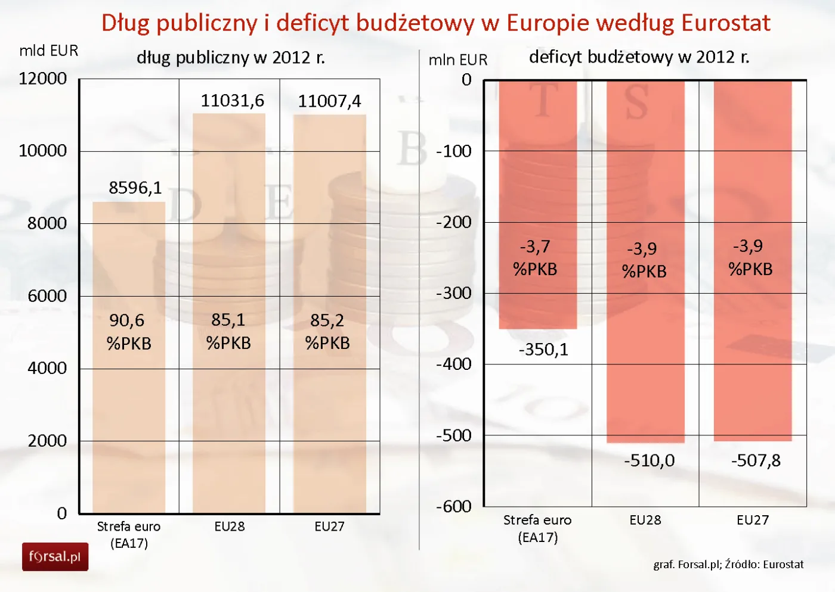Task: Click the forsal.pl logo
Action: coord(55,557)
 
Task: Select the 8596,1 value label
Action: coord(135,188)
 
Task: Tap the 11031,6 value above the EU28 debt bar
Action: coord(232,101)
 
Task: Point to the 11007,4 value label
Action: coord(329,101)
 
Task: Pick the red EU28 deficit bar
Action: coord(645,357)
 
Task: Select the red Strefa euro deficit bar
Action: coord(537,179)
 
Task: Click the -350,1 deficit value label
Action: coord(543,350)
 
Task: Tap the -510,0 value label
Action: coord(649,460)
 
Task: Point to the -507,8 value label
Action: coord(756,460)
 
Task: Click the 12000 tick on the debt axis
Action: coord(43,79)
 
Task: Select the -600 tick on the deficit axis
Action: coord(454,506)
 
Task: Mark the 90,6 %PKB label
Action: coord(129,332)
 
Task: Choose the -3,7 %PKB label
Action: coord(535,258)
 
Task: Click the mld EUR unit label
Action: coord(49,51)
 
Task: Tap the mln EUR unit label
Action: coord(458,60)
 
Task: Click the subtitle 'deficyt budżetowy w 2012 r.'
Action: coord(639,57)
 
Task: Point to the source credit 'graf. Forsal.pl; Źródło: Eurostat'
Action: coord(728,564)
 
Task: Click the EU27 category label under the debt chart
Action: coord(329,526)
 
